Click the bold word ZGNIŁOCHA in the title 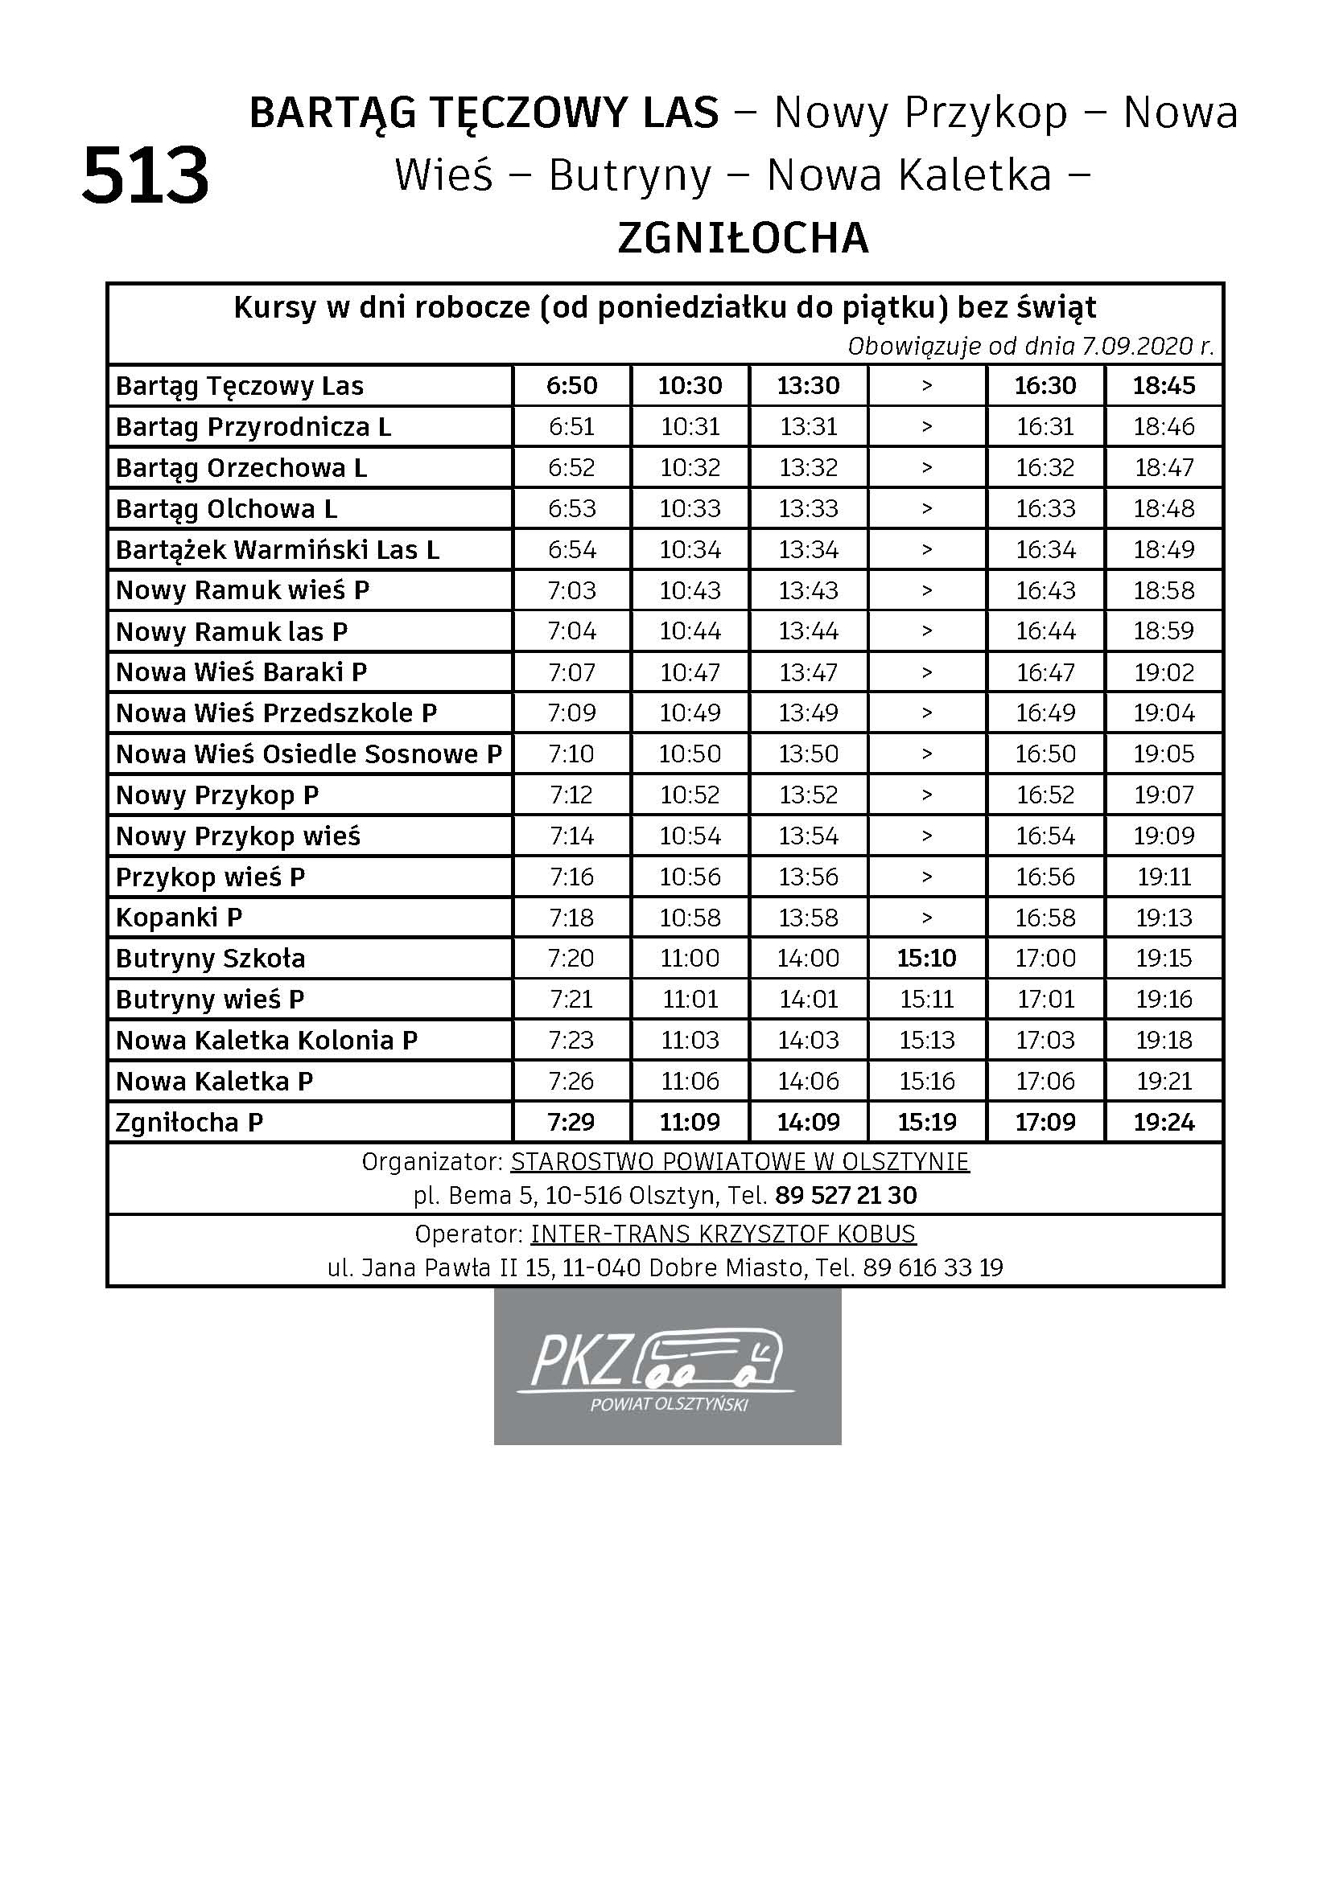pos(743,238)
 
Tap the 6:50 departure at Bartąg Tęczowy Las pos(572,386)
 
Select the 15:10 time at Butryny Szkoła pos(926,958)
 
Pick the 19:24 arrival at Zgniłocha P pos(1163,1122)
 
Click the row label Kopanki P pos(179,918)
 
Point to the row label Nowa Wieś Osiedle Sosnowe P pos(308,754)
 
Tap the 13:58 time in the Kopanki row pos(808,918)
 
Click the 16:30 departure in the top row pos(1045,386)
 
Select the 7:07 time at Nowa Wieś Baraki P pos(572,672)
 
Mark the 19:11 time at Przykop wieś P pos(1163,877)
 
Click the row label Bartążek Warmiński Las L pos(277,550)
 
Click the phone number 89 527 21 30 pos(846,1195)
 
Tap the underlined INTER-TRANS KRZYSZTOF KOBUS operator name pos(723,1234)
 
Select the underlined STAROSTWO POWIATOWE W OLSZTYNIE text pos(740,1162)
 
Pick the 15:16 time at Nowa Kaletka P pos(926,1081)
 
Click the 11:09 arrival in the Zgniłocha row pos(690,1122)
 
